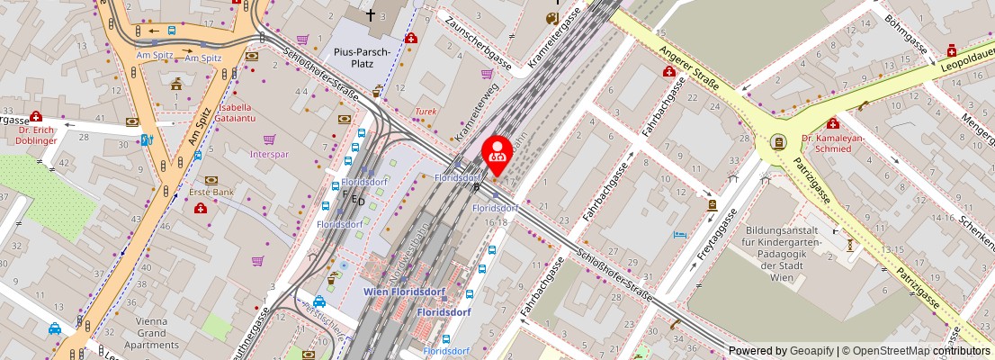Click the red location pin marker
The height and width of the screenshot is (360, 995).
click(496, 152)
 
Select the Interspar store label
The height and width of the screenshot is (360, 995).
click(269, 154)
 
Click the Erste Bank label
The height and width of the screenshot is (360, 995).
click(212, 193)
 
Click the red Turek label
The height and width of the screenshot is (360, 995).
click(425, 112)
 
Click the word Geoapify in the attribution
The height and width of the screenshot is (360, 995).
click(812, 351)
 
